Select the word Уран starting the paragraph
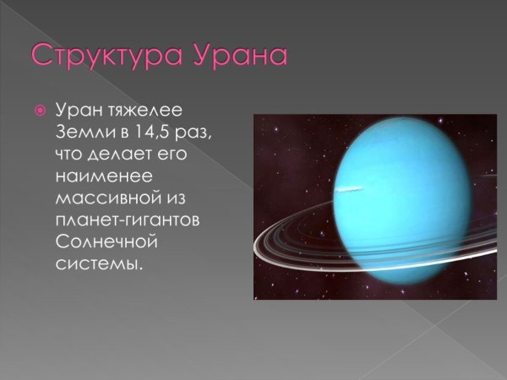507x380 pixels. click(79, 111)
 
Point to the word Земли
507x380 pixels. click(84, 133)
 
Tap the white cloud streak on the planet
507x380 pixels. click(349, 187)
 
